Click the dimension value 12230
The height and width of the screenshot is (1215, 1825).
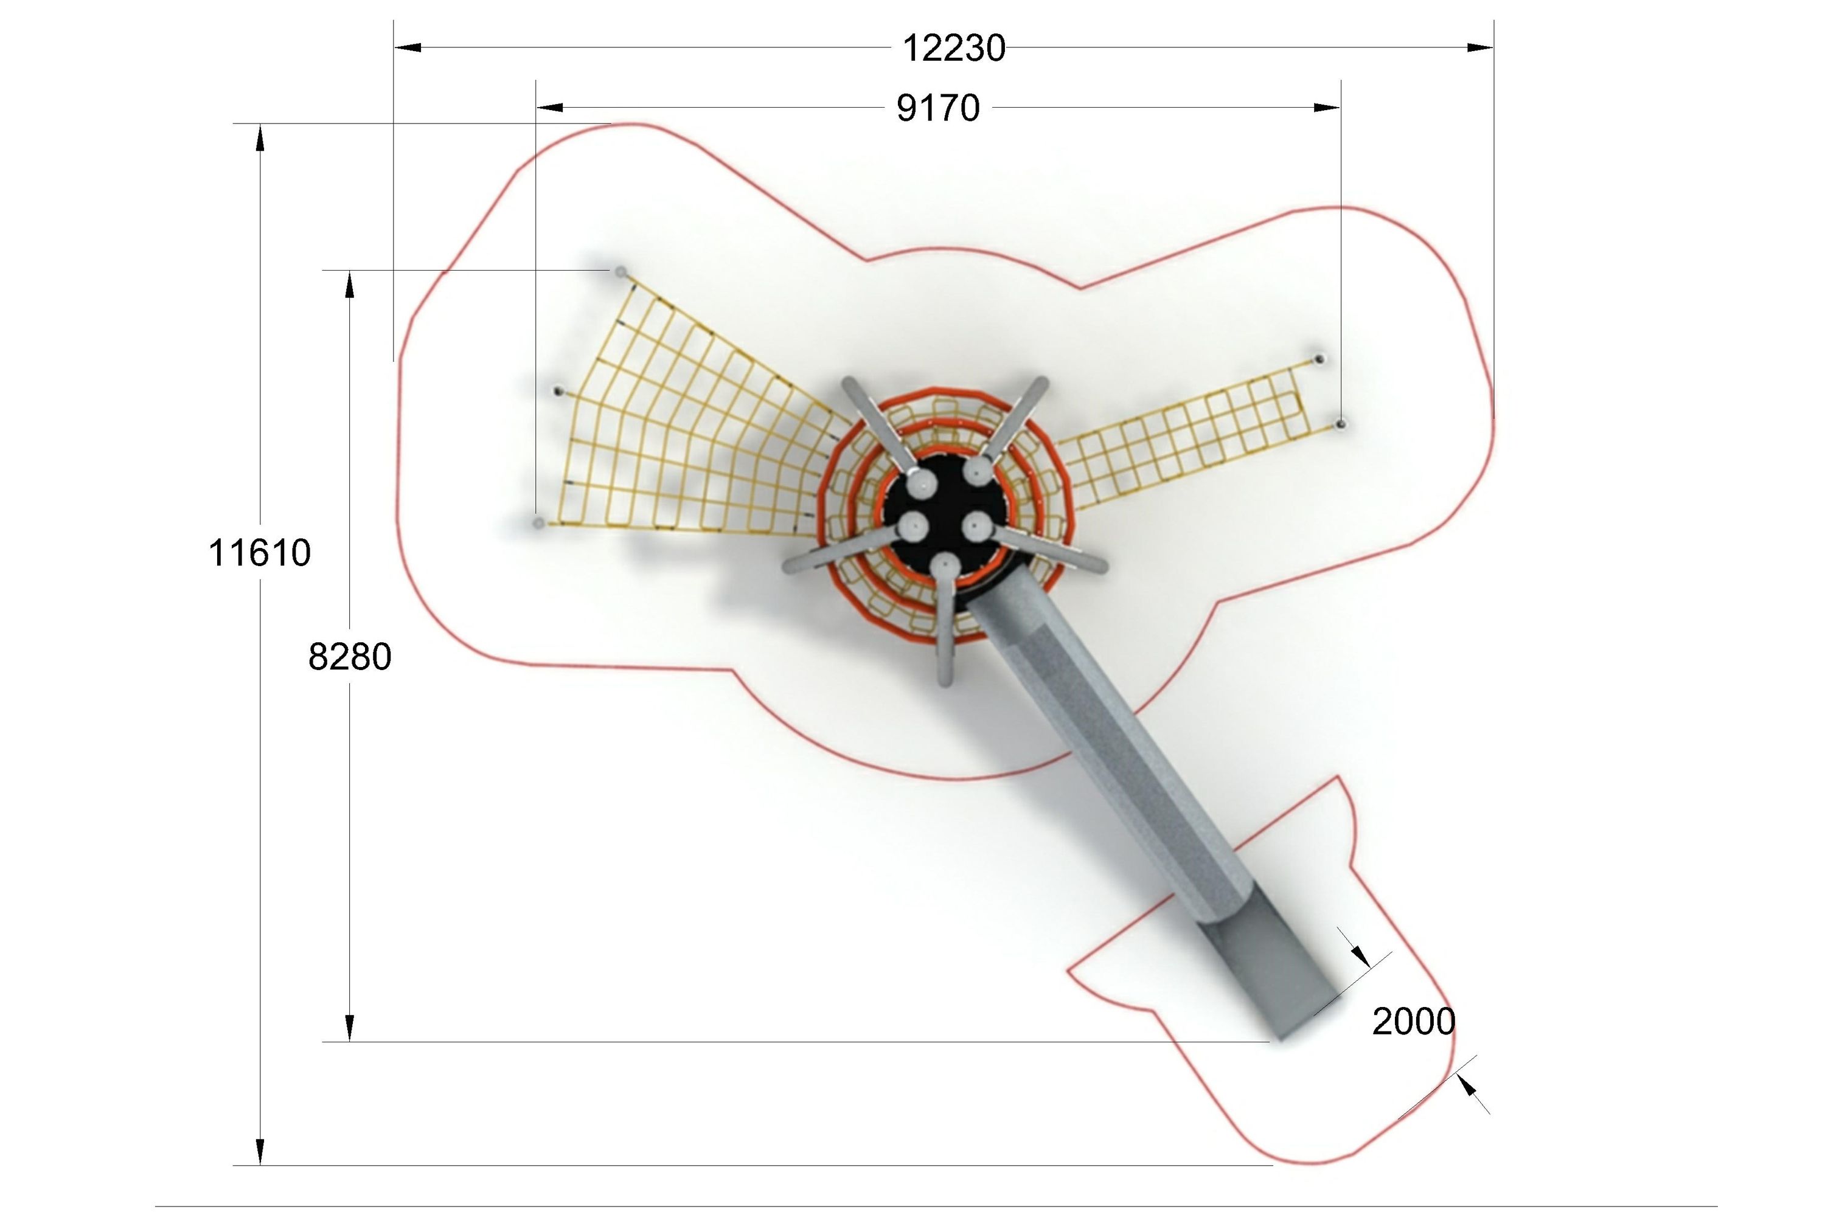click(953, 48)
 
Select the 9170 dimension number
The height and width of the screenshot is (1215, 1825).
click(937, 108)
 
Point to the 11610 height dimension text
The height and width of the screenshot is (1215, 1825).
click(260, 553)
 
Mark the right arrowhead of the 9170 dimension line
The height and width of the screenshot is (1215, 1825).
click(1327, 107)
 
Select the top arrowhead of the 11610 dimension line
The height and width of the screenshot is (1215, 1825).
click(260, 137)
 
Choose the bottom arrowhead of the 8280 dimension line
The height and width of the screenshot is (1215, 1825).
click(350, 1028)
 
